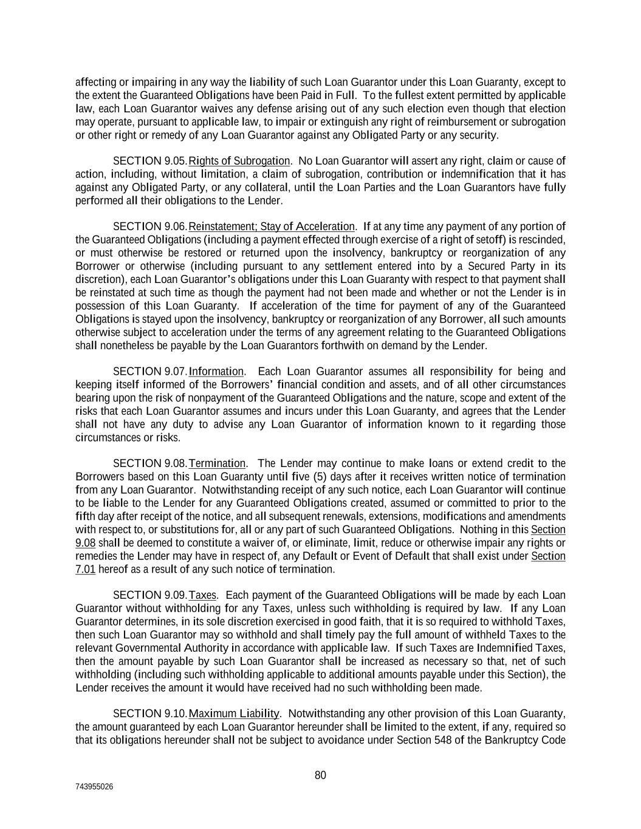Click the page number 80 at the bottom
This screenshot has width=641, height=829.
tap(320, 775)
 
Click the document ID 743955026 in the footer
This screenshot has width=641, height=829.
tap(94, 786)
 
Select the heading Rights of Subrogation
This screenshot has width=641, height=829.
tap(239, 161)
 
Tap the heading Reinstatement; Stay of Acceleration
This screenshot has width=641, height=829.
tap(272, 227)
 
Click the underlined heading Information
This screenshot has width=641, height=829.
tap(216, 371)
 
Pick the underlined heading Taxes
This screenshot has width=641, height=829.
tap(203, 595)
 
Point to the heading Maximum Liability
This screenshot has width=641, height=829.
tap(234, 714)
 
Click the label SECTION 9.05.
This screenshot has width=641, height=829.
tap(150, 161)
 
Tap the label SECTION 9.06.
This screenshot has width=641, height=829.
tap(150, 227)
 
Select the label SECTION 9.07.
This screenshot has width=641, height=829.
tap(150, 371)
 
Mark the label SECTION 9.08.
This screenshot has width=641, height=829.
tap(150, 463)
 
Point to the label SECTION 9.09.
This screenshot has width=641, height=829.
tap(150, 595)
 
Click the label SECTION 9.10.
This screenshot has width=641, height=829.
tap(150, 714)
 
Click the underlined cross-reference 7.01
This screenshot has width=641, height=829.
tap(86, 569)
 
